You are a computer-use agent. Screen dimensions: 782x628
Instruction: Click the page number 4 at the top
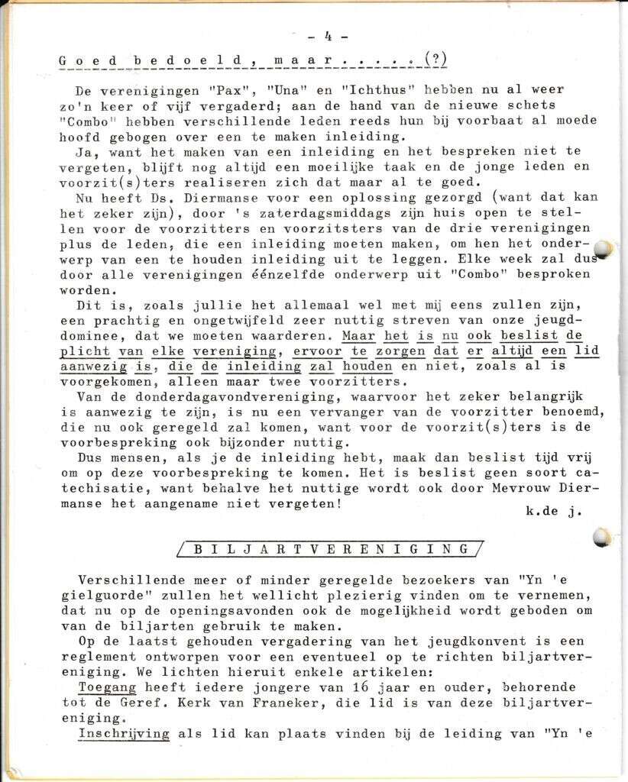[326, 35]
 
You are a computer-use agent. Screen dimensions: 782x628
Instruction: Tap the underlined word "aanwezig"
[92, 366]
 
